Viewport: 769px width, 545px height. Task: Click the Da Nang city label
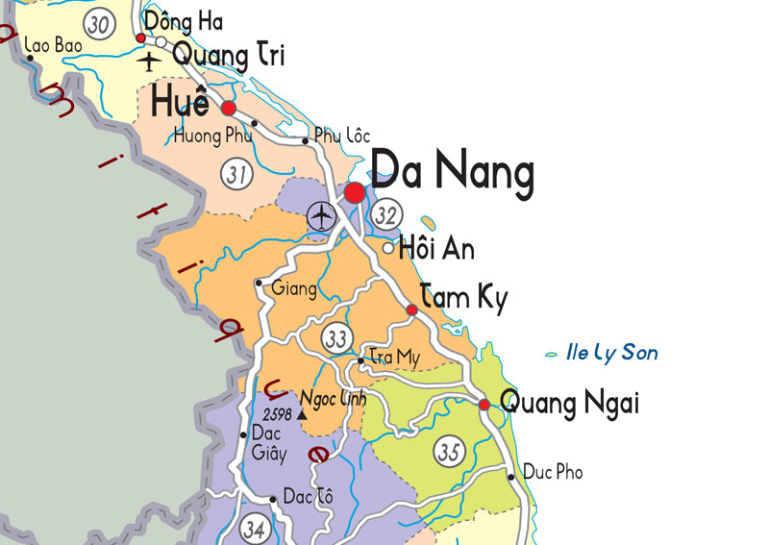tap(452, 174)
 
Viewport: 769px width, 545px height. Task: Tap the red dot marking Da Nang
tap(355, 192)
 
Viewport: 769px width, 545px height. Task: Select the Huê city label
tap(179, 99)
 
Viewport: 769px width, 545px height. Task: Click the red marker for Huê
tap(229, 108)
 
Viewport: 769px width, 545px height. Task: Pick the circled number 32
tap(386, 215)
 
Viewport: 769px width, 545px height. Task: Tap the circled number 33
tap(336, 338)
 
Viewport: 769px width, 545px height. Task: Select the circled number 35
tap(449, 450)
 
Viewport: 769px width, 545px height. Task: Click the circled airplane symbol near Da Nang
tap(320, 217)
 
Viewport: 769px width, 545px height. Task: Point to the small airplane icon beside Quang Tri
tap(149, 62)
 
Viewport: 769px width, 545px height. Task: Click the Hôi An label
tap(437, 250)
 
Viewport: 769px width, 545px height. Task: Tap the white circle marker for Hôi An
tap(388, 248)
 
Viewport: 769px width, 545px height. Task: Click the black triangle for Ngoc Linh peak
tap(302, 414)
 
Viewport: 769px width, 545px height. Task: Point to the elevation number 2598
tap(277, 413)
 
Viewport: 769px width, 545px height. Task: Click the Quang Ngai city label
tap(570, 404)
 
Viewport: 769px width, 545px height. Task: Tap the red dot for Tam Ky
tap(411, 310)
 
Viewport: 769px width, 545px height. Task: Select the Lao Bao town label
tap(54, 44)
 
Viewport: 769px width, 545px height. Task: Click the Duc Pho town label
tap(553, 472)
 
